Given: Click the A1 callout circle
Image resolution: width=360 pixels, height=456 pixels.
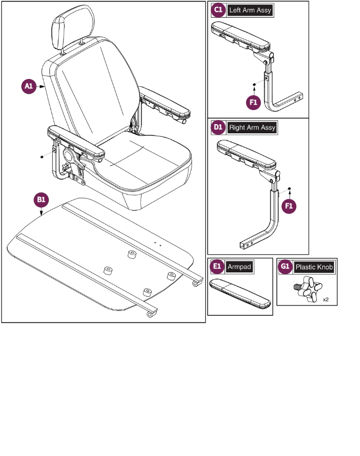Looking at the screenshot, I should [x=29, y=87].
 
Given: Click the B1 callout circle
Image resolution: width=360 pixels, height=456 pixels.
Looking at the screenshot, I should [x=41, y=200].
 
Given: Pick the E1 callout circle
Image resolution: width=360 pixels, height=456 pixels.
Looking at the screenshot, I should [x=216, y=267].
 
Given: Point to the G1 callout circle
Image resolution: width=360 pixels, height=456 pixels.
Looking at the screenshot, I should [x=285, y=267].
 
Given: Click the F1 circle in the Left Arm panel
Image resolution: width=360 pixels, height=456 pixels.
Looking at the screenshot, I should [x=253, y=103].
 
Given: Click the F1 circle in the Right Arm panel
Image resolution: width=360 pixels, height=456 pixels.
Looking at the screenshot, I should [x=289, y=206].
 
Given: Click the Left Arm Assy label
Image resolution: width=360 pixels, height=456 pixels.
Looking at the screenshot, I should [x=250, y=10].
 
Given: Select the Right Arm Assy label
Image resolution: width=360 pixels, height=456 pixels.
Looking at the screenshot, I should [x=252, y=127].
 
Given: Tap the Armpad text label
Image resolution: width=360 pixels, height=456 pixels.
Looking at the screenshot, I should [x=239, y=267].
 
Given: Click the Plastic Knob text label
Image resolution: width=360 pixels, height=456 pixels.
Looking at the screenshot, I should [x=314, y=267].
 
